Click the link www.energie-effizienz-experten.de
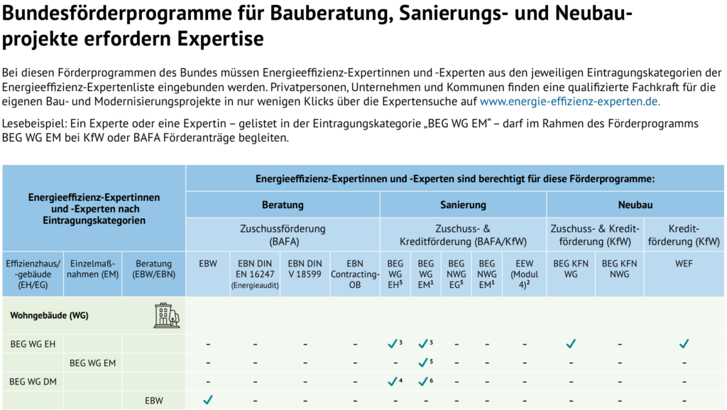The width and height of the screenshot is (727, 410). [x=569, y=101]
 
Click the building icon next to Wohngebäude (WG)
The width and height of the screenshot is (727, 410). [x=167, y=315]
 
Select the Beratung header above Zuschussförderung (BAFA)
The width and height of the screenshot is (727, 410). [x=283, y=205]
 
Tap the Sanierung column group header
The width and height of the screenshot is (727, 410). [x=462, y=205]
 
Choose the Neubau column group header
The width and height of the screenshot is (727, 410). [x=635, y=205]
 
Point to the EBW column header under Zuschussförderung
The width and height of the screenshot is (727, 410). [x=207, y=263]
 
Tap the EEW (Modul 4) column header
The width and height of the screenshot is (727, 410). [x=525, y=273]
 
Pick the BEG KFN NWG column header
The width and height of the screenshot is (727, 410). [x=619, y=268]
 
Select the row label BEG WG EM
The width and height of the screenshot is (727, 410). [x=92, y=363]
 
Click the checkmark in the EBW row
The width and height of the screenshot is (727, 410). [x=207, y=400]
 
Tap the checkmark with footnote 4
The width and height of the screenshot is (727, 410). [x=393, y=382]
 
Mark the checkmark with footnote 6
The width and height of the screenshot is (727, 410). [x=423, y=382]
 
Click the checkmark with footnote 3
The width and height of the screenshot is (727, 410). [x=393, y=345]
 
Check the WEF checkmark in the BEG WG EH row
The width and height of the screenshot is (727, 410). [x=684, y=345]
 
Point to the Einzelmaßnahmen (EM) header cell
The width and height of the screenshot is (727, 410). [x=92, y=273]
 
